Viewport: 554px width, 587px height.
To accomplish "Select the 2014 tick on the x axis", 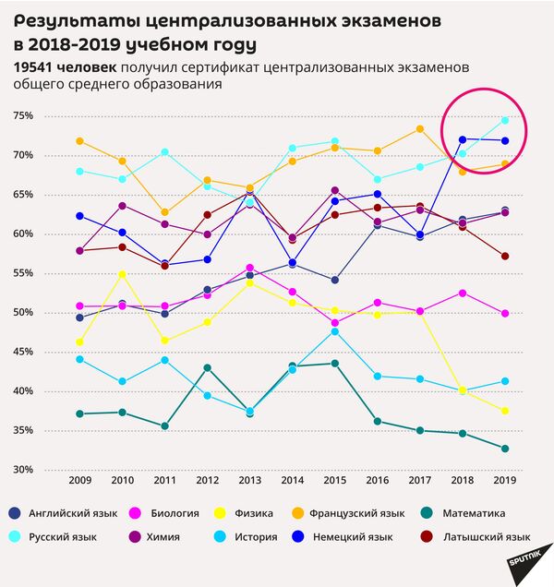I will pyautogui.click(x=292, y=481).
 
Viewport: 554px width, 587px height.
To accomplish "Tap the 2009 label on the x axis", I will pyautogui.click(x=80, y=481).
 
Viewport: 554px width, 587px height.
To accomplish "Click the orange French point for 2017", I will pyautogui.click(x=419, y=129).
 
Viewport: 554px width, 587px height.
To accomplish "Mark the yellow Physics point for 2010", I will pyautogui.click(x=123, y=274).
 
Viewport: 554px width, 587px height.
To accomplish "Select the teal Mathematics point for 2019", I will pyautogui.click(x=504, y=449).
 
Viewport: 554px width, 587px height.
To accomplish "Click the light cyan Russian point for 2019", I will pyautogui.click(x=504, y=120).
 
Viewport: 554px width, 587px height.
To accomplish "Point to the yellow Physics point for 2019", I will pyautogui.click(x=504, y=411).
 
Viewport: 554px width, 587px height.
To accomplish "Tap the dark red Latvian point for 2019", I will pyautogui.click(x=504, y=256).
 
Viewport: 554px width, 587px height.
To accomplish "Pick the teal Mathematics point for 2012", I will pyautogui.click(x=208, y=367).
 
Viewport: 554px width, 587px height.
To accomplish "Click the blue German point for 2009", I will pyautogui.click(x=80, y=216).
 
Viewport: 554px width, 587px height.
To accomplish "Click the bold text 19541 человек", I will pyautogui.click(x=65, y=67).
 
